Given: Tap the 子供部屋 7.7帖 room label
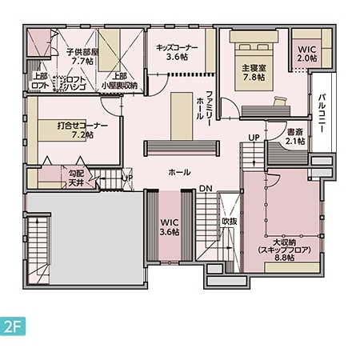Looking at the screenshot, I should click(82, 55).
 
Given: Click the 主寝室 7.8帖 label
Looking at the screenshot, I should click(250, 73).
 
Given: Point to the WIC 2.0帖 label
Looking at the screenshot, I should click(307, 54).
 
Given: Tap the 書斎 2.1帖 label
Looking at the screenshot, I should click(295, 136).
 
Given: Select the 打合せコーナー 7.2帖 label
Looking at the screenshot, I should click(82, 130).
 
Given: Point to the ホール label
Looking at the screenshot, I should click(179, 172).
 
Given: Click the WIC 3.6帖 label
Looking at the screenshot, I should click(169, 226).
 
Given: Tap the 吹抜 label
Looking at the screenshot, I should click(230, 221).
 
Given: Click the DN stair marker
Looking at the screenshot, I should click(206, 189).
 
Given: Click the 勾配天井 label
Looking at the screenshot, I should click(76, 178).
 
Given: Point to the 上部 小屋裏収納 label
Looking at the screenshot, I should click(119, 81).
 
